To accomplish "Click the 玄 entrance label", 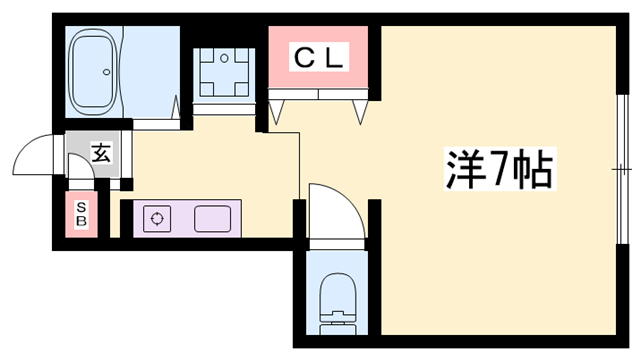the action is pyautogui.click(x=101, y=152).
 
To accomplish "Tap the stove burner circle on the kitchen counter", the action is pyautogui.click(x=156, y=218).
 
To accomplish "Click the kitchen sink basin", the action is pyautogui.click(x=212, y=217).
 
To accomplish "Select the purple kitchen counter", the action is pyautogui.click(x=186, y=217).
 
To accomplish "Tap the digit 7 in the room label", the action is pyautogui.click(x=497, y=170).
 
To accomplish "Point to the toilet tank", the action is pyautogui.click(x=336, y=326).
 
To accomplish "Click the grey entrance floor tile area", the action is pyautogui.click(x=96, y=155).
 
